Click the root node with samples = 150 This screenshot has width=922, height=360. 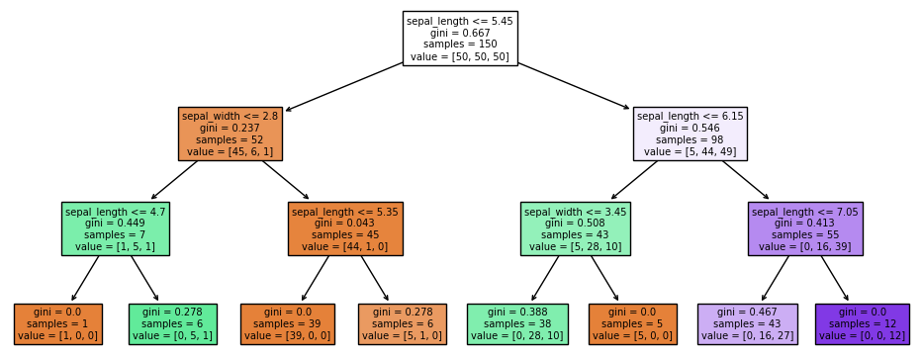point(460,39)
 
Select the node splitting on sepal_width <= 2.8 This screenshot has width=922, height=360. point(230,134)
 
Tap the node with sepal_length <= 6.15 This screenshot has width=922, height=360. point(690,134)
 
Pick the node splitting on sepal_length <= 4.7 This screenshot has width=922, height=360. point(116,228)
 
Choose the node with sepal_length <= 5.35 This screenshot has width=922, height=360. point(345,228)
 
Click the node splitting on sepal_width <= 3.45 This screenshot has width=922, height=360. point(575,228)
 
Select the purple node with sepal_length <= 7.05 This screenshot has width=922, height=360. point(805,228)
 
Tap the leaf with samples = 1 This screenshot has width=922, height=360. point(58,323)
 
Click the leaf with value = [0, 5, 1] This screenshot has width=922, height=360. point(173,323)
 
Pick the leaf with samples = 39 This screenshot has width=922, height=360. point(288,323)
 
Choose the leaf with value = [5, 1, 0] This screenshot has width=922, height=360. point(403,323)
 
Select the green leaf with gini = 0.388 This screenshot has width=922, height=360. point(517,323)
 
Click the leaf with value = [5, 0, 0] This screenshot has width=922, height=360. point(632,323)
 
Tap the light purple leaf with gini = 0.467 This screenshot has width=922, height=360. point(748,323)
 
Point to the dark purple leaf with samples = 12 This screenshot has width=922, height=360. point(863,323)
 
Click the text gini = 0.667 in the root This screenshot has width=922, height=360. point(460,33)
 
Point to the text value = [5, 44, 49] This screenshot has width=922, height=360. point(690,151)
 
